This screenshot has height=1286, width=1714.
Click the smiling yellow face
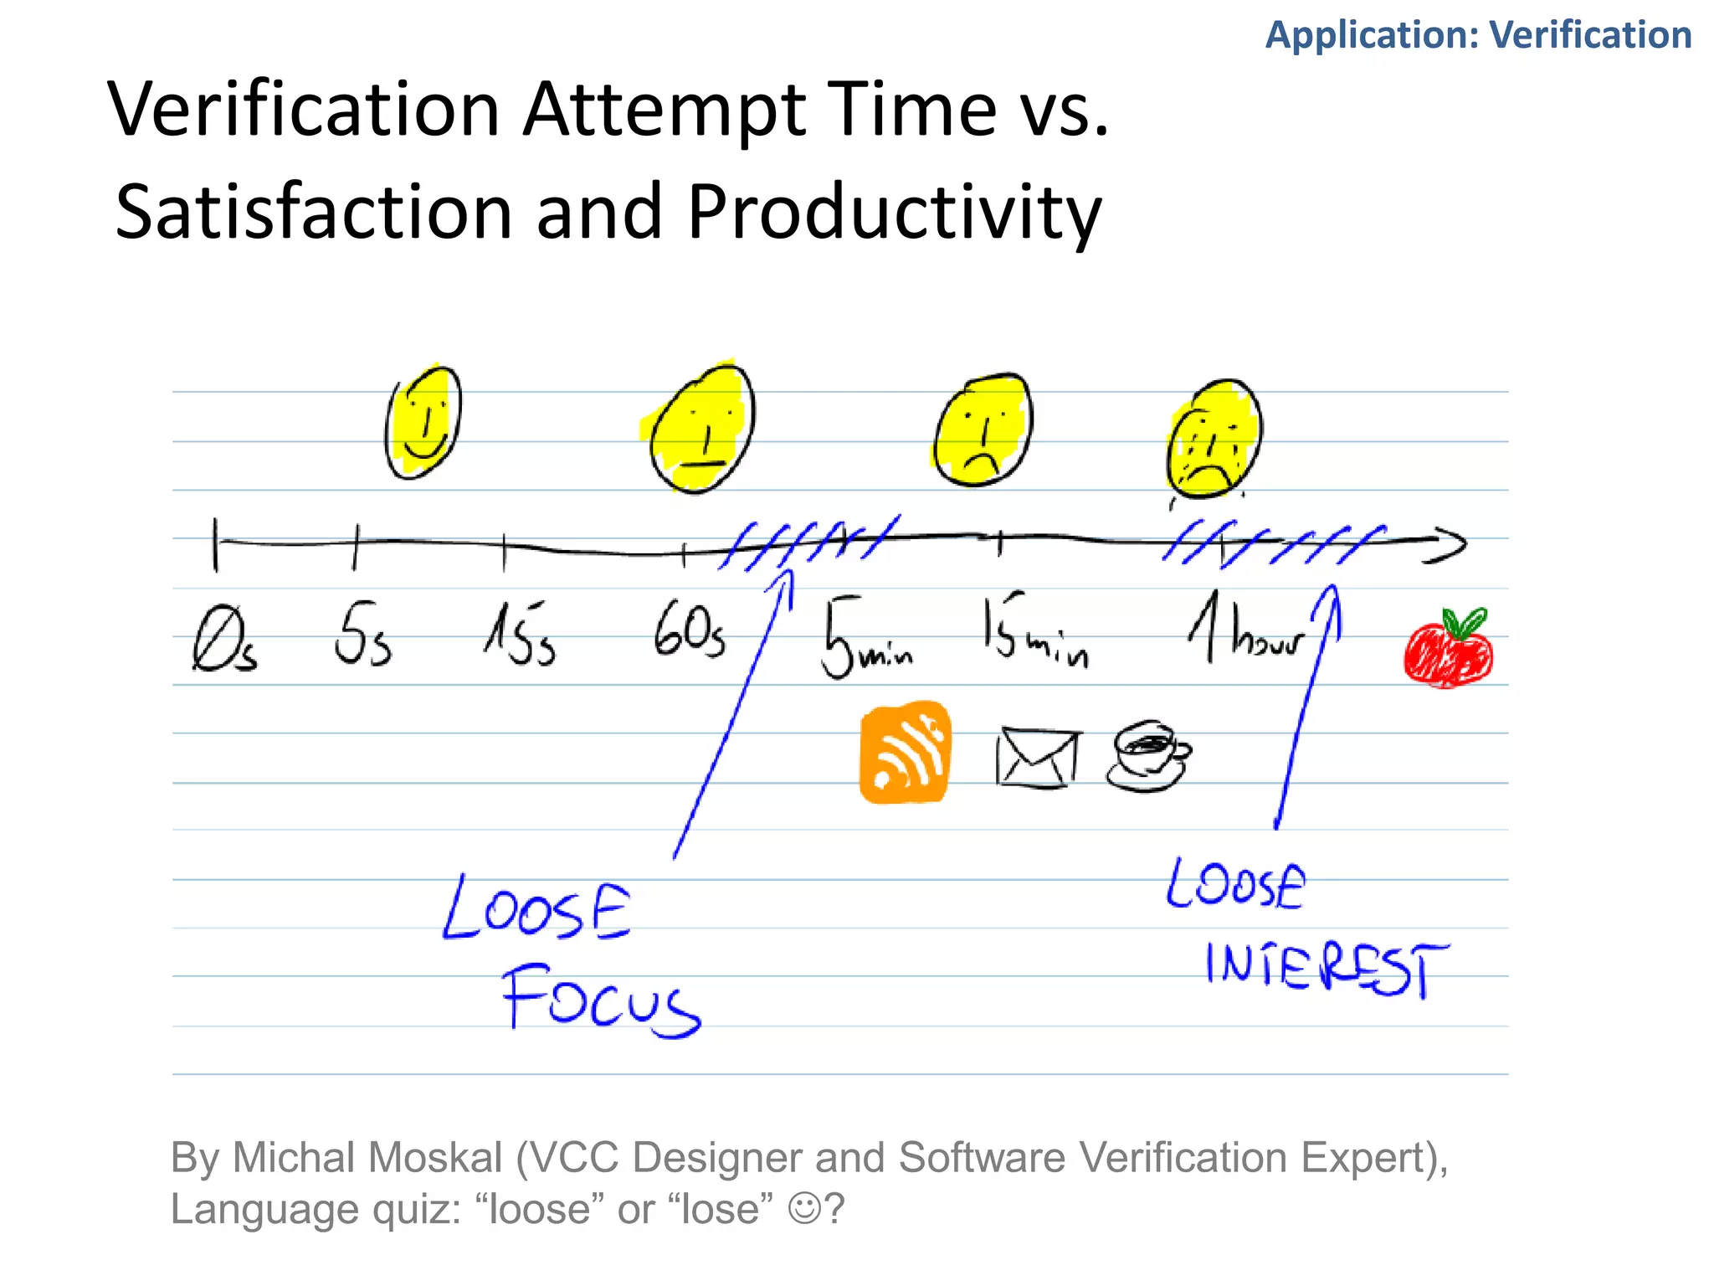423,423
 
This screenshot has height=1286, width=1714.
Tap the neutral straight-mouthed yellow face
701,429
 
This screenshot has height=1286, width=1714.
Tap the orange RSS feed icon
906,753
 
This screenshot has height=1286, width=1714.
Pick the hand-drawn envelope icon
1038,758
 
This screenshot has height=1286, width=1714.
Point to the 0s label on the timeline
223,640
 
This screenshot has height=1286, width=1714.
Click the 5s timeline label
362,635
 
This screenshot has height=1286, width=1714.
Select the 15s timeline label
521,634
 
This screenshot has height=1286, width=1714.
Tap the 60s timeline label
690,632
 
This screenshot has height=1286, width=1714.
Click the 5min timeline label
866,638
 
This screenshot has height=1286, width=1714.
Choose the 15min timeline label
1035,634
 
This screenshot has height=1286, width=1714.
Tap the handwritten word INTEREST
1327,969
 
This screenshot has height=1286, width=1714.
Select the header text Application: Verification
1478,35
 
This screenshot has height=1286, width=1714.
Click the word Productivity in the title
894,211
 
